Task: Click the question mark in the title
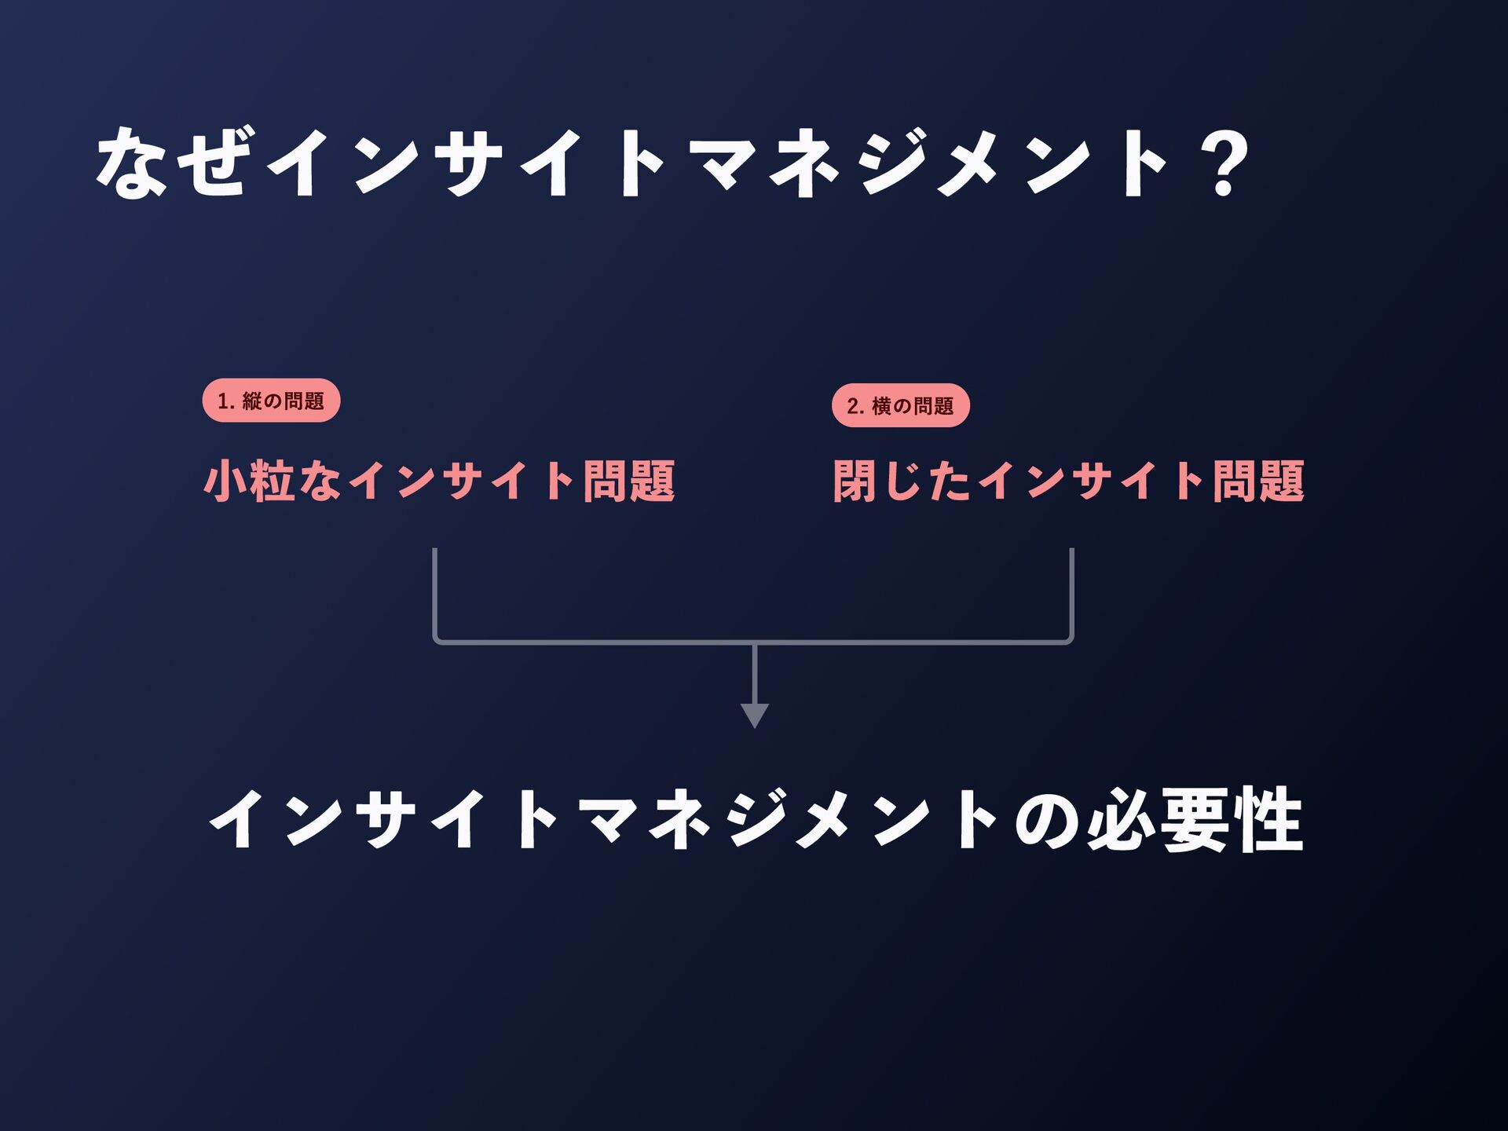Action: click(1224, 163)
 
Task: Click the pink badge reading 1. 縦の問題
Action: click(271, 401)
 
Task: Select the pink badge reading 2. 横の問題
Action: click(900, 405)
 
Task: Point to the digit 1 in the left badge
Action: click(223, 401)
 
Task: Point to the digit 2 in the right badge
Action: click(853, 406)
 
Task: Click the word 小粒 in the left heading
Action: click(249, 481)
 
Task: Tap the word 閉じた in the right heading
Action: click(902, 481)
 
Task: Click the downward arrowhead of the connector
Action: click(754, 715)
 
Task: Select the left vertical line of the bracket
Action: click(434, 593)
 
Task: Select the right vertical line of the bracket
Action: click(1071, 593)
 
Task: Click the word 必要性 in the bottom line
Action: click(1195, 820)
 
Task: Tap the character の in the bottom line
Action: click(1046, 822)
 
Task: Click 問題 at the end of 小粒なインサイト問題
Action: click(628, 481)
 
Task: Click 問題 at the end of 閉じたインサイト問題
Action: click(1258, 481)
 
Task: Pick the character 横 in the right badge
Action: click(881, 406)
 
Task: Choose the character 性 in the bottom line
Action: click(1268, 820)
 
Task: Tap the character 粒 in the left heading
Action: click(272, 481)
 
